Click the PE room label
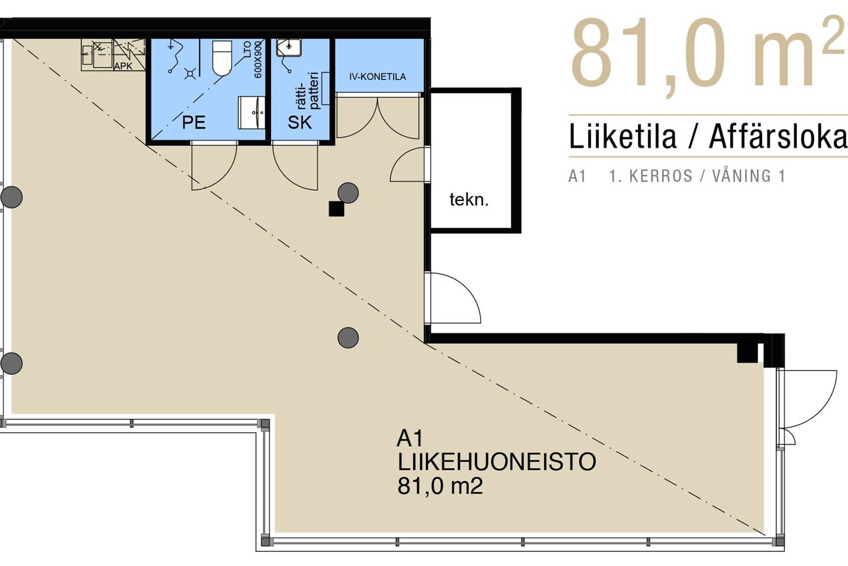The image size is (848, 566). [193, 122]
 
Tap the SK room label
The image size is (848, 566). [299, 122]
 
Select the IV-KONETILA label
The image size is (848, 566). [377, 77]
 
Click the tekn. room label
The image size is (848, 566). [469, 200]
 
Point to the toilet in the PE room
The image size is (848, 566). [222, 58]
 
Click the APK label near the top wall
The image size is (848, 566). [123, 66]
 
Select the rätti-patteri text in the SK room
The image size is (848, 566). [308, 91]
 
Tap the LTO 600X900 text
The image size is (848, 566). [253, 60]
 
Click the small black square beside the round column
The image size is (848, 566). [336, 209]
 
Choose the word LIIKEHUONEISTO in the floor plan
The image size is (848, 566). [496, 462]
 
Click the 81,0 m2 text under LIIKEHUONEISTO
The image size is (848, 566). [440, 486]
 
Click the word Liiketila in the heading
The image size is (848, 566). [622, 137]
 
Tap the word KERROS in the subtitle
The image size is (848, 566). [660, 176]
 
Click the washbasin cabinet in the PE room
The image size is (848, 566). [251, 113]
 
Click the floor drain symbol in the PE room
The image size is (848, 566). [190, 73]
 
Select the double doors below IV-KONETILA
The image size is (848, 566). [378, 117]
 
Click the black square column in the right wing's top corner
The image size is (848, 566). [747, 353]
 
